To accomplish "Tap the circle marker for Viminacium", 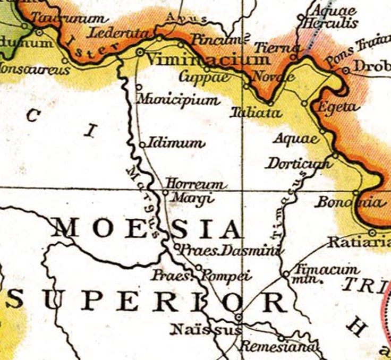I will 140,52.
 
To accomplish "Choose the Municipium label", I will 178,100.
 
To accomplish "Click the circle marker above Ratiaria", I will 372,233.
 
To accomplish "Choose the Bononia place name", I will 348,203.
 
